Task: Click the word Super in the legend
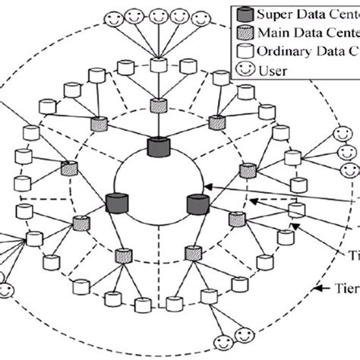pos(275,14)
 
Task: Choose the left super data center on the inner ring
pos(116,204)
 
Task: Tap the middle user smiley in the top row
pos(159,14)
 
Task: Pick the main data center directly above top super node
pos(158,106)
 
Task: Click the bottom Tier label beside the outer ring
pos(346,288)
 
